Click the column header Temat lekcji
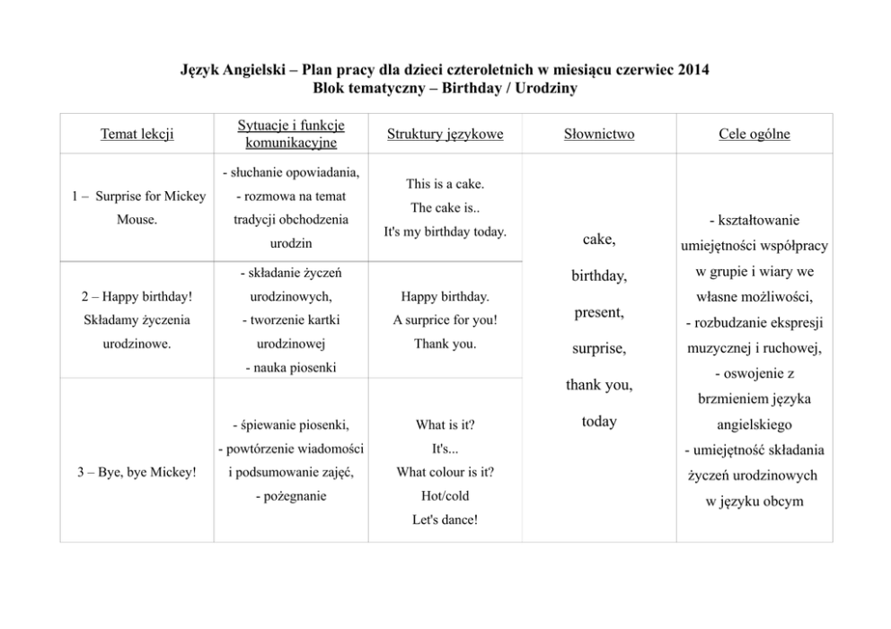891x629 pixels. (x=137, y=135)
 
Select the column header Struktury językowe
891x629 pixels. (x=445, y=135)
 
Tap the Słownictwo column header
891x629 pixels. (x=599, y=135)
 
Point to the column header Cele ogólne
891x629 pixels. (x=754, y=135)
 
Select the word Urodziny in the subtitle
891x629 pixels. (x=547, y=88)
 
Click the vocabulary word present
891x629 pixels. (x=599, y=313)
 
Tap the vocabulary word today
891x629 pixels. (x=599, y=421)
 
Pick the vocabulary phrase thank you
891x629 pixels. (x=599, y=385)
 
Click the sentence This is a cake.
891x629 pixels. (x=445, y=184)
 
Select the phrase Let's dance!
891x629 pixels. (x=445, y=519)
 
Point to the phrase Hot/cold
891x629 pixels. (x=445, y=495)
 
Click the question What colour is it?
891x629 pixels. (x=445, y=472)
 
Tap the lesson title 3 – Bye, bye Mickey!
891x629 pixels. (x=137, y=472)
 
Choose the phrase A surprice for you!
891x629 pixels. (x=445, y=319)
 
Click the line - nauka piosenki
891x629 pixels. (x=290, y=367)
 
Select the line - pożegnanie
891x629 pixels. (x=290, y=495)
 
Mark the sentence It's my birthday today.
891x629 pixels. (x=445, y=232)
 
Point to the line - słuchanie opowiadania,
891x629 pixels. (x=290, y=172)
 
